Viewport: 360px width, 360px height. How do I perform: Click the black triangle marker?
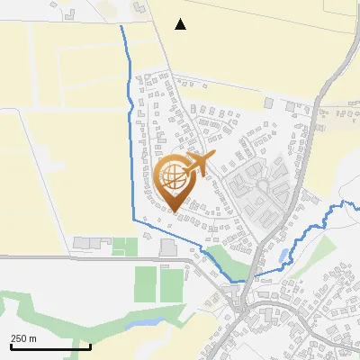tap(181, 24)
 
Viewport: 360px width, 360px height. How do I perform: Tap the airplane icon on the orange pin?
tap(196, 164)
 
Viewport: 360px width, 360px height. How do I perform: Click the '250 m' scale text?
tap(24, 338)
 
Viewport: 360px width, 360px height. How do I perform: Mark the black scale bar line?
tap(50, 346)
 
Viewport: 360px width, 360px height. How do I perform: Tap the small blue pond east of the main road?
tap(284, 256)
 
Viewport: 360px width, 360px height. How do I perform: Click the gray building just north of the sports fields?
tap(167, 247)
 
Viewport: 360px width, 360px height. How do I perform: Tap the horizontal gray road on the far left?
tap(54, 257)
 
